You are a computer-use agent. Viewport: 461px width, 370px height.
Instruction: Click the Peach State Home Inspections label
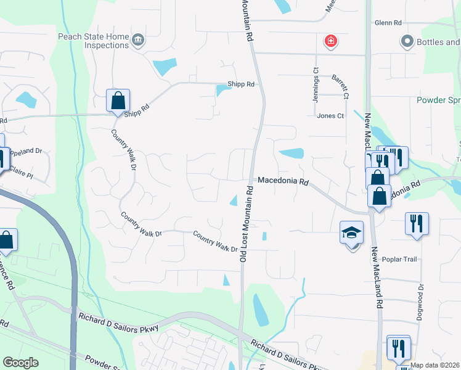[94, 41]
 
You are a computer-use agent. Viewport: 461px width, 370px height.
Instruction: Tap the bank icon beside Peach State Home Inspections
[138, 41]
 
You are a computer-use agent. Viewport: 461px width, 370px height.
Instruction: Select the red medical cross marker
[331, 41]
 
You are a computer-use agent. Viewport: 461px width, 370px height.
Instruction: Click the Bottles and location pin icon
[407, 41]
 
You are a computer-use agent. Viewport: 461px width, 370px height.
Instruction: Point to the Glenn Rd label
[388, 23]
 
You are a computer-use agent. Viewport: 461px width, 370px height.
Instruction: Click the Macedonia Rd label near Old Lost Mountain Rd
[282, 181]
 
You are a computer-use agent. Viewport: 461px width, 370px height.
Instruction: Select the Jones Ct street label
[330, 115]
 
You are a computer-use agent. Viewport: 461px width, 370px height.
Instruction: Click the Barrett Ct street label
[340, 87]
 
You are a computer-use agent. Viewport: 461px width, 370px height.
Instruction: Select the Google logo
[20, 363]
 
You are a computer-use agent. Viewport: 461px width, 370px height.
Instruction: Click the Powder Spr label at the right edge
[438, 100]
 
